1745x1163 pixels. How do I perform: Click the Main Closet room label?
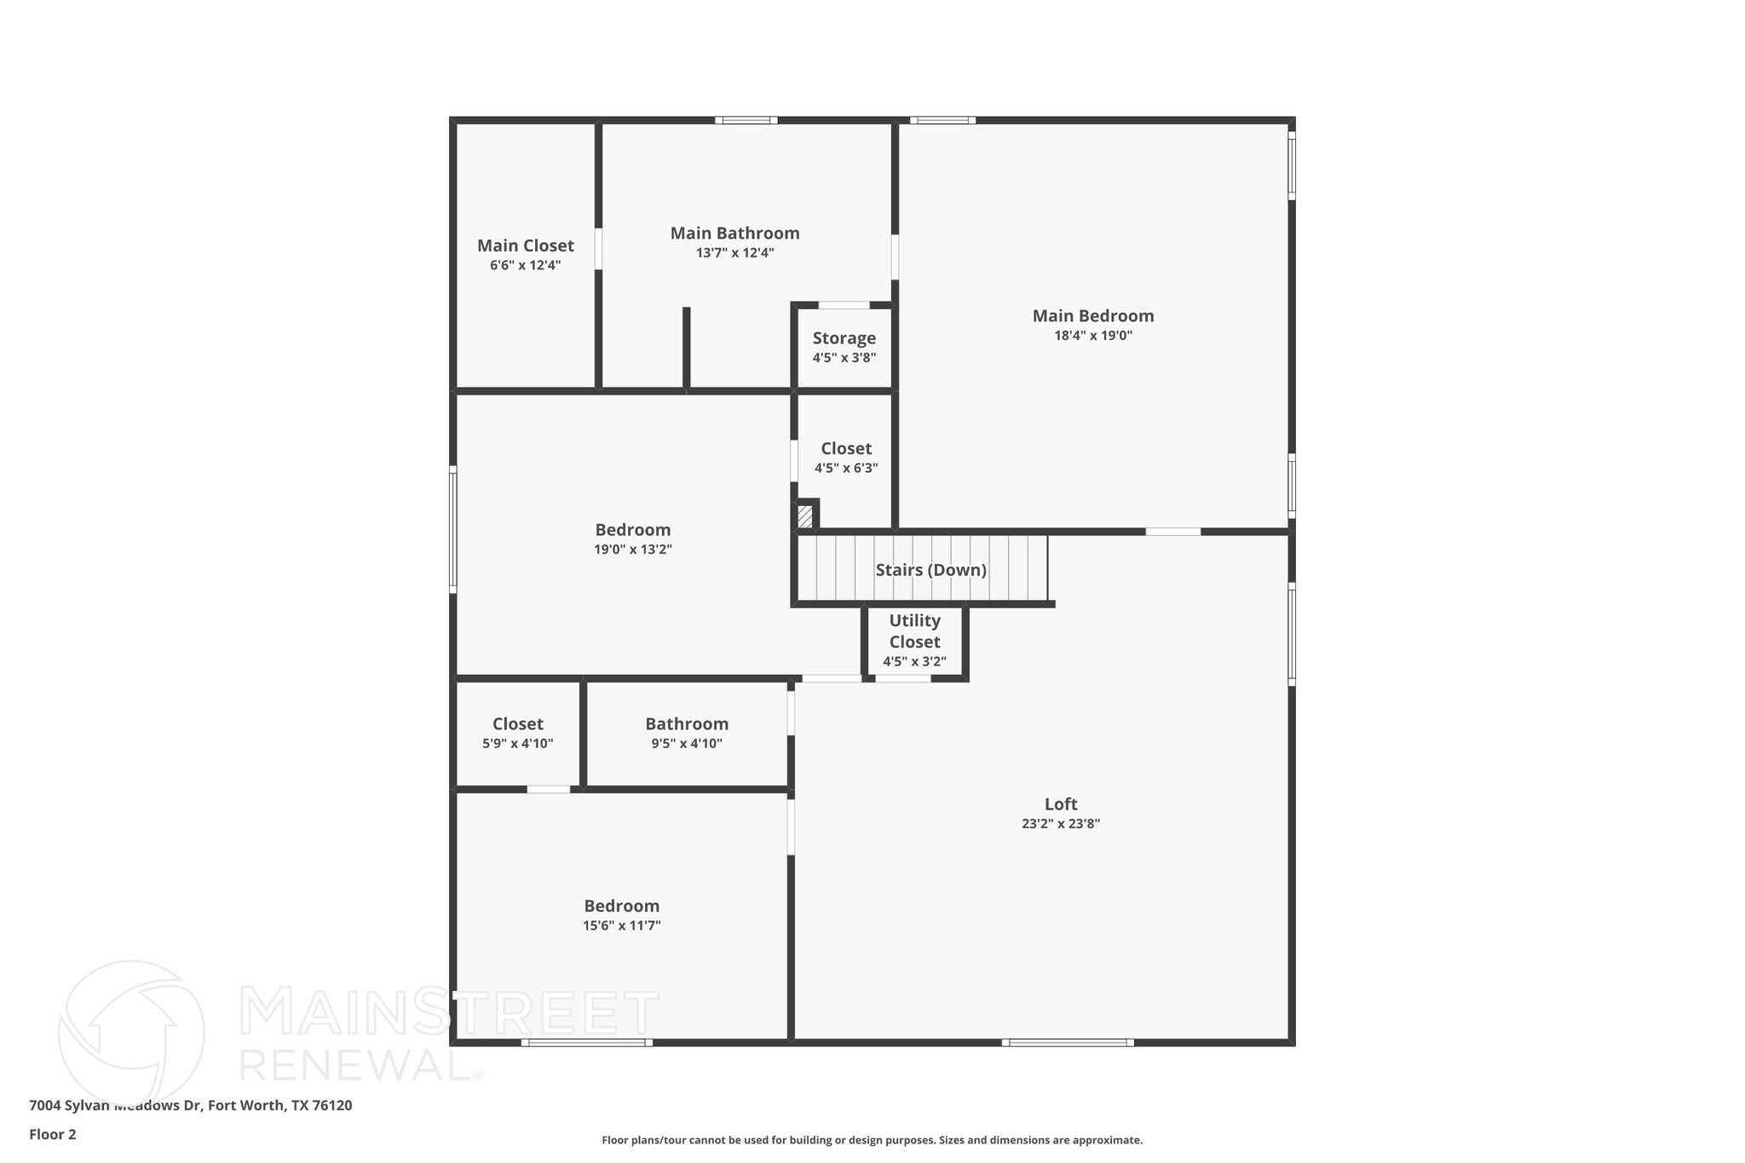525,245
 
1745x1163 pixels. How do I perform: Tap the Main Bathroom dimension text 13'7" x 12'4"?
734,253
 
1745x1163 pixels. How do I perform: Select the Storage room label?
844,338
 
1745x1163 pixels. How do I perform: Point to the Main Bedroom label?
1093,316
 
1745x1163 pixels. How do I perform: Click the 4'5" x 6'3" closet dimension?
845,468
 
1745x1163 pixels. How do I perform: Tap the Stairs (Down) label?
930,570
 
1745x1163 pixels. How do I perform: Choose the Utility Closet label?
914,631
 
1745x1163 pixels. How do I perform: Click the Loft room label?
1061,803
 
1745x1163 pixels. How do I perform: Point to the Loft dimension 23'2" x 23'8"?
1061,824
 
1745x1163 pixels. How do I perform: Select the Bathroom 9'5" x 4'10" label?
687,724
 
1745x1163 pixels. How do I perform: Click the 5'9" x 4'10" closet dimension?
517,744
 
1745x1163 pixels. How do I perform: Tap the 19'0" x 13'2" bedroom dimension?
632,550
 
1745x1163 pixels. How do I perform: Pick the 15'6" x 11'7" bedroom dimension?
621,926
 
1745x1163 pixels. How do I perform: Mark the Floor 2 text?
53,1134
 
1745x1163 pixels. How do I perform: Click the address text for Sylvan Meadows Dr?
190,1105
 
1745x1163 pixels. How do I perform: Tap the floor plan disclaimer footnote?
872,1140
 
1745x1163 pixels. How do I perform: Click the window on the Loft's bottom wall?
1068,1042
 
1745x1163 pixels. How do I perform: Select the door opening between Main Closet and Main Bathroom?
598,249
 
